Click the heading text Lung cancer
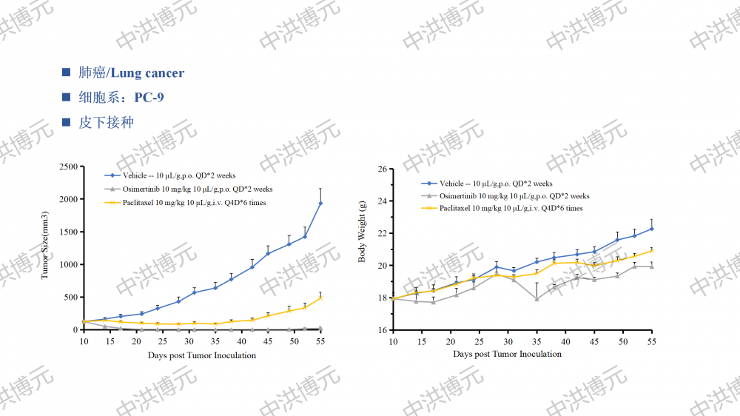[148, 73]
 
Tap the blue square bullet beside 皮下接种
[67, 122]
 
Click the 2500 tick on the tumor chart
[67, 167]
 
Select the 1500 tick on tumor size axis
[67, 232]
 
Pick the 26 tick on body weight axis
[383, 169]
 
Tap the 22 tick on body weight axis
[383, 233]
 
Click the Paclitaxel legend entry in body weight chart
[511, 208]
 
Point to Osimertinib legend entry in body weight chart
[514, 196]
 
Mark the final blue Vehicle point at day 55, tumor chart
[320, 204]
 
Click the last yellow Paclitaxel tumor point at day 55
[320, 298]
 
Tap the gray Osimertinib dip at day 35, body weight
[536, 299]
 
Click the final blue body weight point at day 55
[652, 229]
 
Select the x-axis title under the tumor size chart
[201, 355]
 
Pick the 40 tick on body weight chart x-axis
[565, 341]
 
